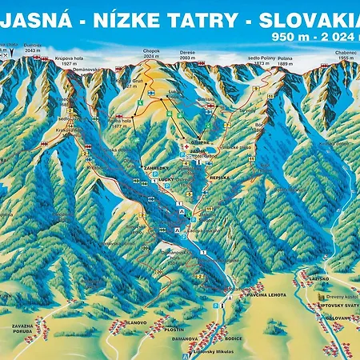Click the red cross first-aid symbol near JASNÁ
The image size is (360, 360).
[x=186, y=148]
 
